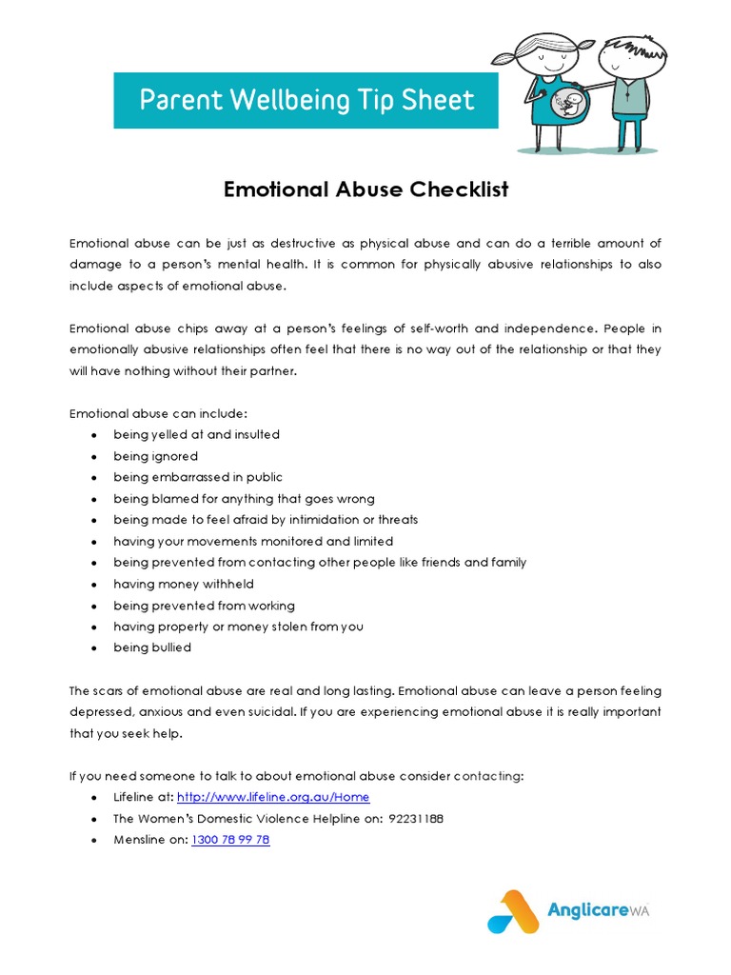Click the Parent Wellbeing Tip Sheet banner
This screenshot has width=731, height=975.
click(306, 100)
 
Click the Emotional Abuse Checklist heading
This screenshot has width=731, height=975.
click(365, 189)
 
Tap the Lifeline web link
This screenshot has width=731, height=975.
click(273, 797)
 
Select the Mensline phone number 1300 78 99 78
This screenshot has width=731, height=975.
click(230, 840)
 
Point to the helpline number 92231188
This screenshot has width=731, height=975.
click(416, 819)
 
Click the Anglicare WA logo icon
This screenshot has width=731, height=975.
click(513, 910)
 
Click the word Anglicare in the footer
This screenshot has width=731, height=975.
click(583, 910)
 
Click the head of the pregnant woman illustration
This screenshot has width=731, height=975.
click(545, 55)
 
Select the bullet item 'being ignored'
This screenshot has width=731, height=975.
click(155, 456)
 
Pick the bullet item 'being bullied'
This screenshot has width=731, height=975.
click(152, 647)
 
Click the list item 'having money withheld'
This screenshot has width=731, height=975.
click(184, 584)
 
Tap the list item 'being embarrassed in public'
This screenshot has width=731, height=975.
click(198, 477)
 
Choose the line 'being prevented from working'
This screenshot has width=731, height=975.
click(204, 606)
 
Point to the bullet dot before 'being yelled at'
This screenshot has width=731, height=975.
click(92, 435)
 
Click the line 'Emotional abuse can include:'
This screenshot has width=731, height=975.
click(158, 413)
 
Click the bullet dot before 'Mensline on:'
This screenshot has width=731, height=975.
click(92, 841)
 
